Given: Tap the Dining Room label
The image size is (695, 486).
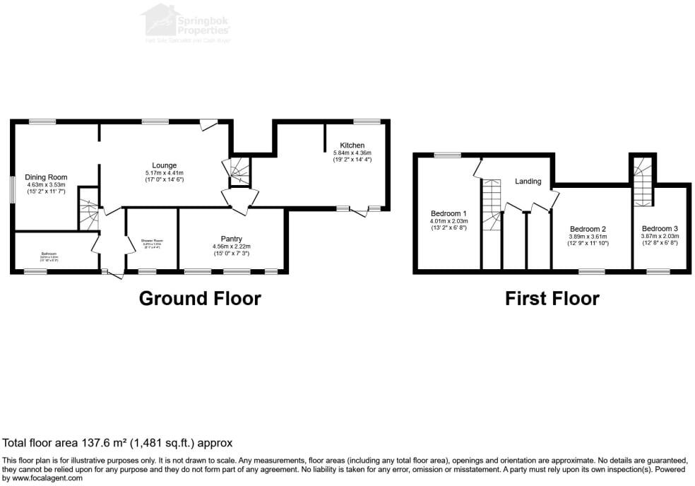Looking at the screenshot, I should pos(46,177).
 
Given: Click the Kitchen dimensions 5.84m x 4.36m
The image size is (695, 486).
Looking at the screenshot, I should pos(352,153).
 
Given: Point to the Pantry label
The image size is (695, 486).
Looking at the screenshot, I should pos(232,238).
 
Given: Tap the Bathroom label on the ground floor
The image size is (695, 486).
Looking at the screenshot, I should pos(49,253).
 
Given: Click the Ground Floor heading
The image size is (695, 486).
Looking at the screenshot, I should pos(200,298).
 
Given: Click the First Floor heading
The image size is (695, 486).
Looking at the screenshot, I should pos(552,298).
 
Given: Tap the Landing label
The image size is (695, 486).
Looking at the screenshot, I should pos(528,182).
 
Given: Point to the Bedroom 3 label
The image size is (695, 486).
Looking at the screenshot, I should pos(660,229).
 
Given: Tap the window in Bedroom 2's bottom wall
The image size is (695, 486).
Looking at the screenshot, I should pos(592,271).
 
